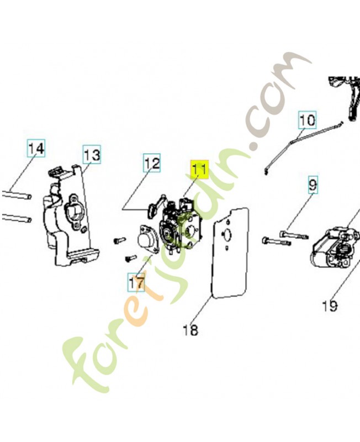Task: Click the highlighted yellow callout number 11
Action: [x=199, y=170]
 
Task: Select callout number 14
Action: [x=36, y=148]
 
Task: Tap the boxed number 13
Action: [x=92, y=155]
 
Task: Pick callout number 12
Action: [x=152, y=163]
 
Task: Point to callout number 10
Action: [x=307, y=120]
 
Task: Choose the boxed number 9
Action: [x=313, y=185]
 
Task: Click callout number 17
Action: [x=136, y=282]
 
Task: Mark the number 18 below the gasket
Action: [x=190, y=329]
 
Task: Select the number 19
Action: [x=330, y=306]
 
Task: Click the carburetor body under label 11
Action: [x=181, y=225]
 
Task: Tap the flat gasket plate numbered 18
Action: [x=230, y=253]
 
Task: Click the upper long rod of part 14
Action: [x=17, y=194]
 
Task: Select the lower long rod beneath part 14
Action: [x=17, y=217]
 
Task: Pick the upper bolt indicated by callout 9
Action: [x=294, y=234]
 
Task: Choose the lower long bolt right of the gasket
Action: [x=277, y=241]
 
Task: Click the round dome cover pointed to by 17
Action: [x=147, y=239]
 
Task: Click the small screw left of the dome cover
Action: [x=119, y=240]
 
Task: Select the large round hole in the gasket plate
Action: [x=227, y=234]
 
